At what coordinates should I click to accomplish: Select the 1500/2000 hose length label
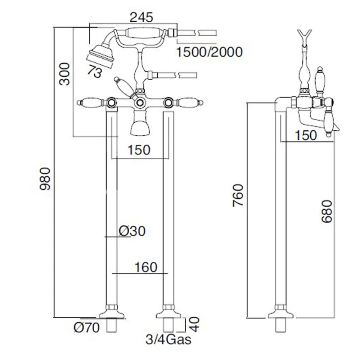click(x=209, y=52)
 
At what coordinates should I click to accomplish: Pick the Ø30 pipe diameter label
click(x=132, y=231)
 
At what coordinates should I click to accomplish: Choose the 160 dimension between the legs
click(x=146, y=267)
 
